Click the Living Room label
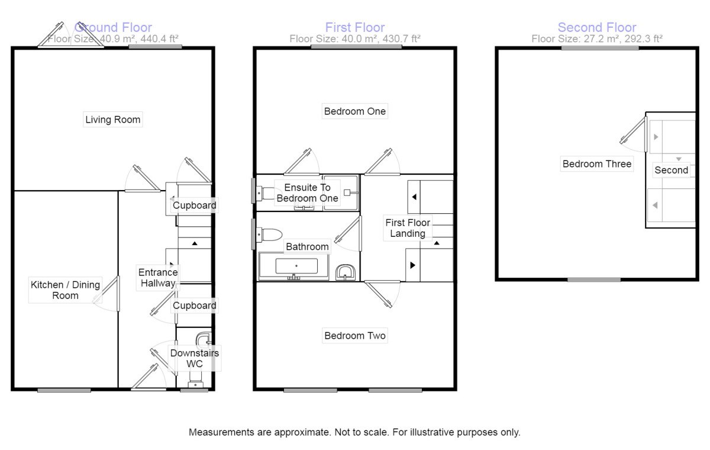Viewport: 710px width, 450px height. pos(113,120)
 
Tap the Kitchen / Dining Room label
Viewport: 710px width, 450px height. pos(65,290)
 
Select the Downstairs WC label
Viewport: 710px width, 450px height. pos(195,358)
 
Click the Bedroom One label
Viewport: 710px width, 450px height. pos(354,111)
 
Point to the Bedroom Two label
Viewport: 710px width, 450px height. pos(354,336)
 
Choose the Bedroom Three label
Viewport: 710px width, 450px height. pos(596,164)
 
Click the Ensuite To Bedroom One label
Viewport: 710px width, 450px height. pos(307,192)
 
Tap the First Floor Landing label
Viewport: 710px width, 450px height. pos(408,228)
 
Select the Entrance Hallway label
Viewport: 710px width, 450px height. pos(158,278)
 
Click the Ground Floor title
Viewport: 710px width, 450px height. pos(113,27)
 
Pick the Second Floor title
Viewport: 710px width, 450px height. pos(597,27)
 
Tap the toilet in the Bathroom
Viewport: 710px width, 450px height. pos(270,234)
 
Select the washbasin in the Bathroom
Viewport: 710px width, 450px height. pos(345,272)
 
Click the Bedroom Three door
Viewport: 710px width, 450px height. pos(632,130)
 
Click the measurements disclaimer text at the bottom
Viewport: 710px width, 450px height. pos(354,432)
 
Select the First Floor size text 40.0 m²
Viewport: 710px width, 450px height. pos(354,39)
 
